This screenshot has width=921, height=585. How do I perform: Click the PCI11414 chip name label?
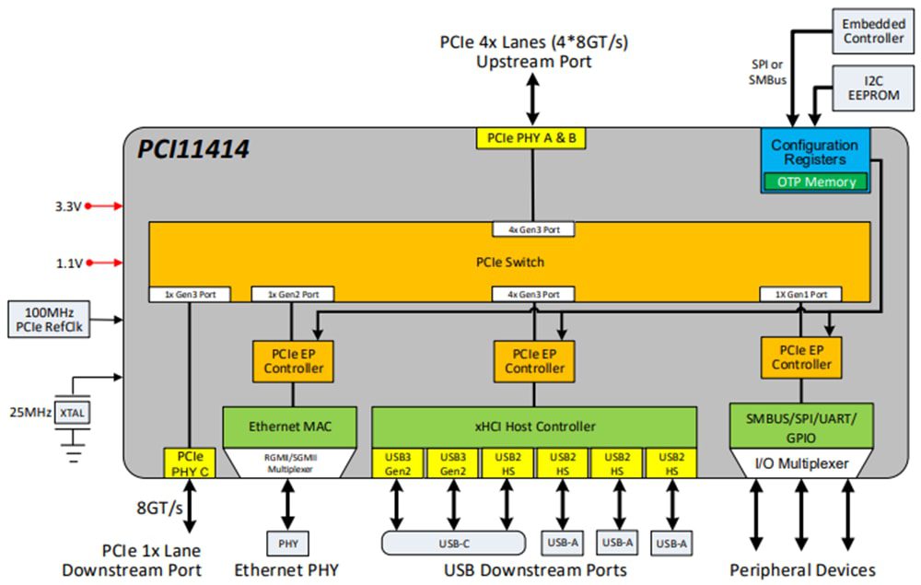194,148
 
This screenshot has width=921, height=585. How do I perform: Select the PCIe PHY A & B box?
532,138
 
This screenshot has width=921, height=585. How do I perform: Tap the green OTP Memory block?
816,181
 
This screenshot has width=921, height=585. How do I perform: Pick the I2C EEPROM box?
873,88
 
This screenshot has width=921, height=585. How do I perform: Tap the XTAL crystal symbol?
73,414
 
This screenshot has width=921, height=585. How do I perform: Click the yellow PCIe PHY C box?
190,462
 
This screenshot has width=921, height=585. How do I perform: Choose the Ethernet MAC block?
290,427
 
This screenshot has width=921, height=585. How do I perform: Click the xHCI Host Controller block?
533,427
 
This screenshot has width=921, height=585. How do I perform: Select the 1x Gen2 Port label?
292,295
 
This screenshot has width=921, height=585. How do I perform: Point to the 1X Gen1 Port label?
800,295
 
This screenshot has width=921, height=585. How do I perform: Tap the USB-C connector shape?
453,543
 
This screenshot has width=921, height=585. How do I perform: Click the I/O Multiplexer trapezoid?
801,462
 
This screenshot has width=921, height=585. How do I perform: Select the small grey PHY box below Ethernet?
288,543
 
